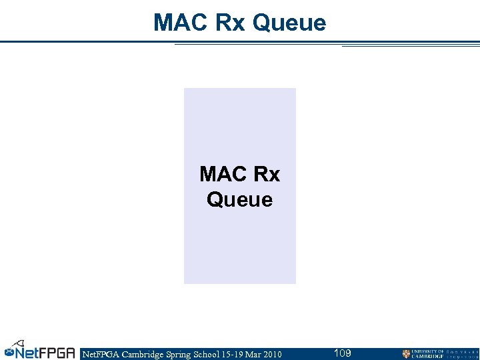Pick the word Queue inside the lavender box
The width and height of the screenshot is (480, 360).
[240, 199]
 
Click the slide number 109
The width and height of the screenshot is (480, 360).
[342, 353]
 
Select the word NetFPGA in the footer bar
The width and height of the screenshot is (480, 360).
[99, 354]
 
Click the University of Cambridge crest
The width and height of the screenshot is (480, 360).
[406, 354]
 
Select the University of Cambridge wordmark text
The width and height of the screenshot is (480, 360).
[427, 354]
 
